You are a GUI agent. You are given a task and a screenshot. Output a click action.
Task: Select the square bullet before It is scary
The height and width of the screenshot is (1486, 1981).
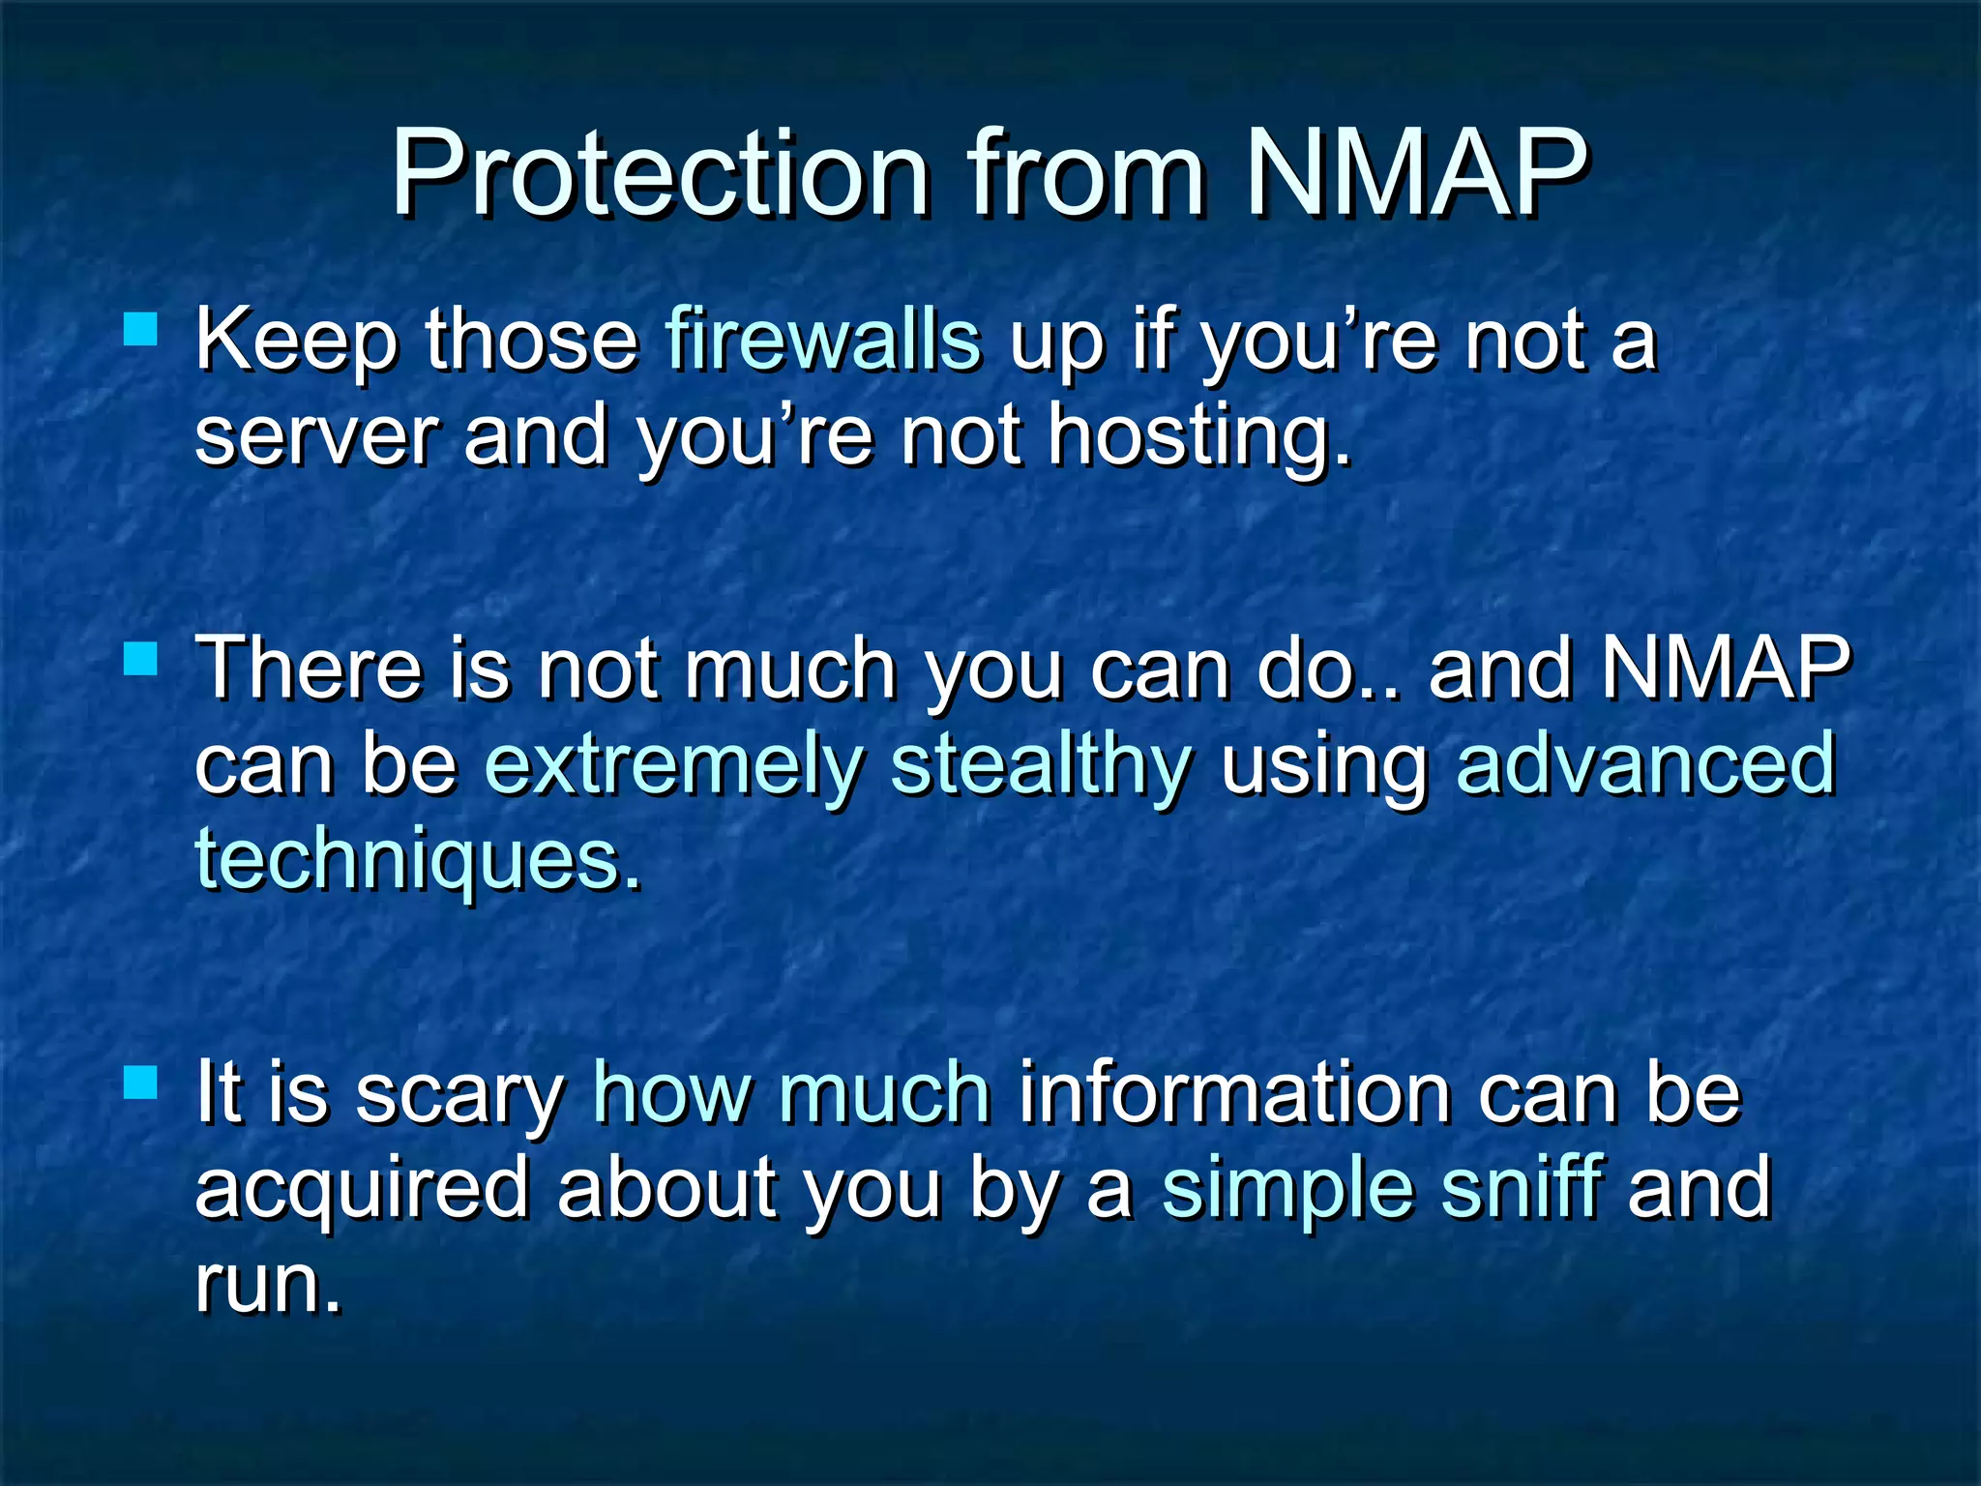tap(141, 1084)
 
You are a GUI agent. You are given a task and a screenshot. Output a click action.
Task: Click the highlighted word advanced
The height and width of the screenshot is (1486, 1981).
tap(1645, 764)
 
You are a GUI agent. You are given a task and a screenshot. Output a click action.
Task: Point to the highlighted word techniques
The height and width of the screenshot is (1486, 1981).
tap(416, 859)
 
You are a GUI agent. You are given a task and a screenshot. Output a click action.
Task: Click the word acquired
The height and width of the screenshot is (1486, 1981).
tap(362, 1190)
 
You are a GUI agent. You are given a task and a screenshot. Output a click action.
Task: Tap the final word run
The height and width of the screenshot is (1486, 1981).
tap(267, 1285)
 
